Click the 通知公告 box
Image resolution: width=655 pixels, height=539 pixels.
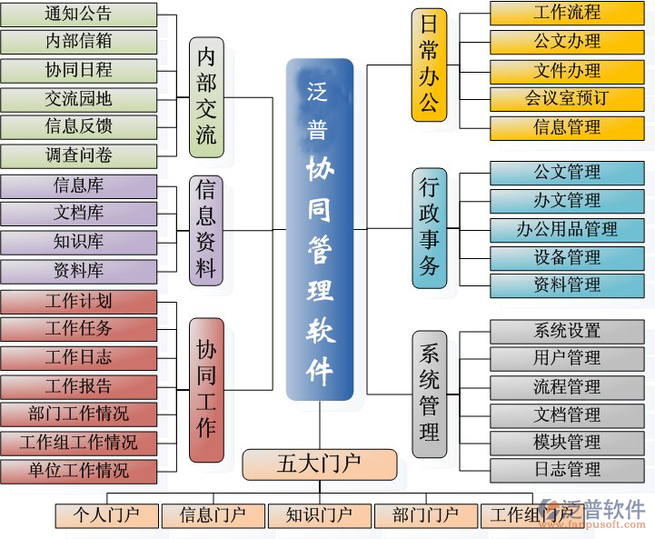(x=78, y=14)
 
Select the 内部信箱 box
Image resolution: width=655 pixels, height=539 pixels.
(x=78, y=42)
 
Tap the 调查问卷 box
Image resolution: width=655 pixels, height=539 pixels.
(x=78, y=155)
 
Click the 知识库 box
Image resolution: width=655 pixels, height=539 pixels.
(x=78, y=242)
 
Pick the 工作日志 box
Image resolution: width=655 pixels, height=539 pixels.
(x=78, y=357)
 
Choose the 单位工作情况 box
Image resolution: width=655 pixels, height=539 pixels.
(x=78, y=471)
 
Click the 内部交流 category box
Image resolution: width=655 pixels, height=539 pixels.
(x=206, y=97)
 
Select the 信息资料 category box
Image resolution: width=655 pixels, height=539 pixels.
(x=206, y=230)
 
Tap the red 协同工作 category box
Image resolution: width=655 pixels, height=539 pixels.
(x=206, y=389)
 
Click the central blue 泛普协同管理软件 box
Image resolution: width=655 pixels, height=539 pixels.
(x=319, y=230)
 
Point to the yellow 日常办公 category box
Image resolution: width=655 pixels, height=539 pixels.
(x=429, y=65)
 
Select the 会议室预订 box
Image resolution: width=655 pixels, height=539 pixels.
(x=567, y=98)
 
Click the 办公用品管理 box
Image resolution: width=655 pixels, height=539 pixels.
(x=567, y=229)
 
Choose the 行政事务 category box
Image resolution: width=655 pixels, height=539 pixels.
(x=429, y=228)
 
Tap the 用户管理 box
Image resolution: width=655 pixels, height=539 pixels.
(x=567, y=358)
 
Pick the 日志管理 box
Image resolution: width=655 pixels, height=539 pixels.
(x=567, y=470)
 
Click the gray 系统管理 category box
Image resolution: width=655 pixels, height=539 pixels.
(x=429, y=394)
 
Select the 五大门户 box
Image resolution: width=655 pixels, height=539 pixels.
(x=319, y=464)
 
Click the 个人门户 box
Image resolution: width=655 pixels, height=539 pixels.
(x=106, y=515)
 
